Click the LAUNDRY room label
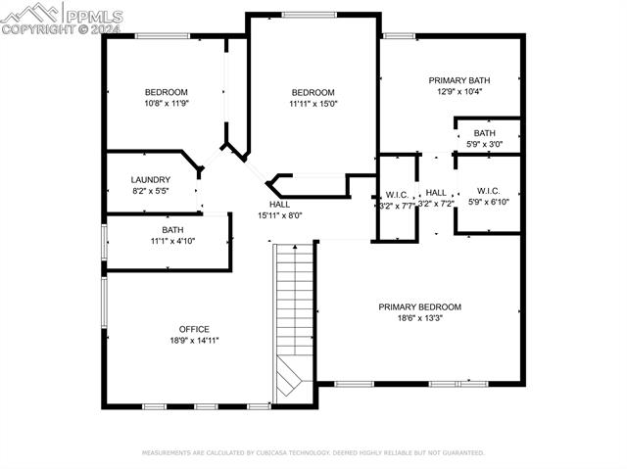click(x=151, y=180)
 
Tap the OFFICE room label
click(x=194, y=329)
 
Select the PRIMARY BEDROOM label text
click(x=419, y=306)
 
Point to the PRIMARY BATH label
click(x=459, y=80)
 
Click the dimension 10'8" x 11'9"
click(x=167, y=103)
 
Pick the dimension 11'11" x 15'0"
click(x=313, y=103)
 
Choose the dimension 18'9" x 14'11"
click(x=194, y=341)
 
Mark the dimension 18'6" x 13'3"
click(x=419, y=318)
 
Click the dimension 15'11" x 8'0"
click(x=280, y=215)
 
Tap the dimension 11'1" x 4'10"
click(x=172, y=241)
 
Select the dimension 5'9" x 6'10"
click(x=489, y=202)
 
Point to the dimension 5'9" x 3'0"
click(x=484, y=145)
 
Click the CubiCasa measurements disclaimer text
click(x=313, y=453)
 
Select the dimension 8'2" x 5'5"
click(x=151, y=192)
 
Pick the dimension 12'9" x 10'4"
click(x=459, y=92)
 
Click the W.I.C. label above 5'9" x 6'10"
click(x=489, y=190)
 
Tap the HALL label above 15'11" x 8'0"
click(x=280, y=204)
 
